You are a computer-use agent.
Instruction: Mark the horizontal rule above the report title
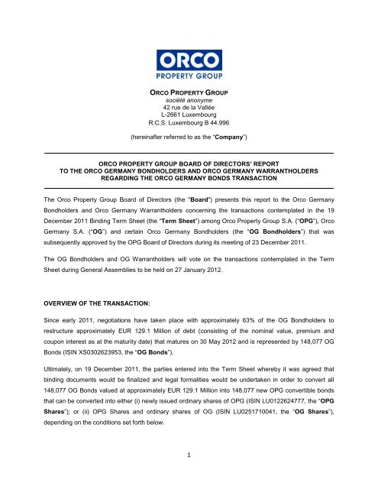[189, 154]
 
